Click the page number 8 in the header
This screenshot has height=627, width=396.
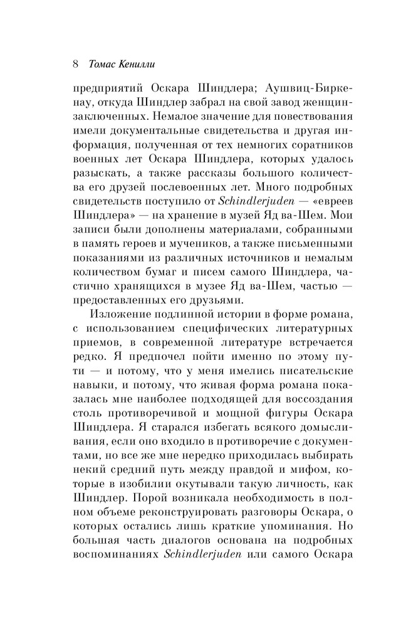tap(75, 65)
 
